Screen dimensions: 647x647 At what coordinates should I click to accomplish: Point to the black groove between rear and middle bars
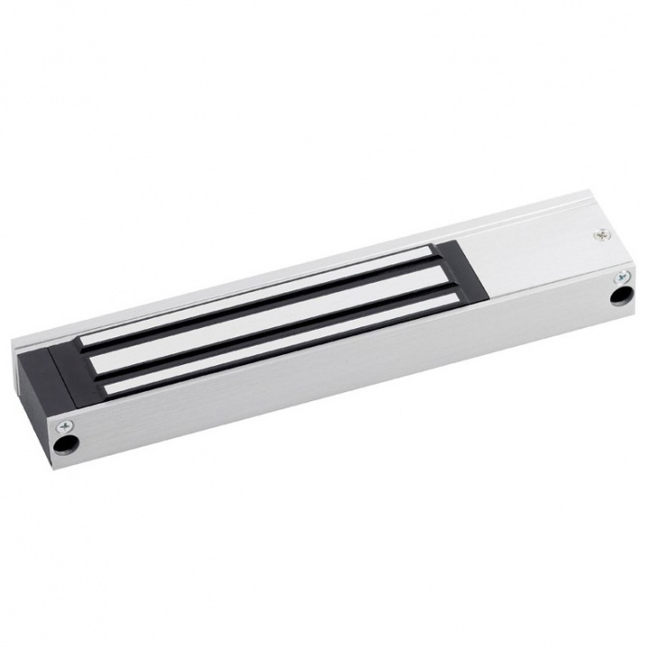[277, 314]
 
